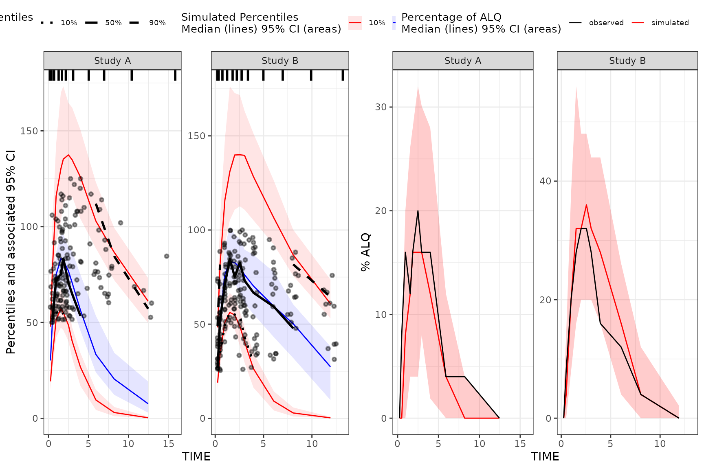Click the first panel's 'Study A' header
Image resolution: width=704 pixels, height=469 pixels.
pos(112,61)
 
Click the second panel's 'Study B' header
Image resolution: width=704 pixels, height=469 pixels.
pos(280,61)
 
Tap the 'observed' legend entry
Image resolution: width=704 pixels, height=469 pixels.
pos(597,23)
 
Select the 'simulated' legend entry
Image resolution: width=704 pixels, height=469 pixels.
pos(660,23)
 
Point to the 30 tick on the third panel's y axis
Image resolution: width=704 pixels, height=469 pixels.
pos(381,107)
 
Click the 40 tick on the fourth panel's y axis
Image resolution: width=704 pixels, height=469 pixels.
pos(545,181)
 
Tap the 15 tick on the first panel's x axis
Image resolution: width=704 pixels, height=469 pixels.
pos(168,444)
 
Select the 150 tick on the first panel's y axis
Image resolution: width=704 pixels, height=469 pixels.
pos(29,131)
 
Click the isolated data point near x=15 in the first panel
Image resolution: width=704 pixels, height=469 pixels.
pos(167,256)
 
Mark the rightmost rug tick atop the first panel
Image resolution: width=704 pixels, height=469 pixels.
pos(175,75)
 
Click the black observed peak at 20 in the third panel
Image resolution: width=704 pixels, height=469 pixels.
pos(418,211)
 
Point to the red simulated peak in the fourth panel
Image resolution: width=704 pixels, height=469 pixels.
pos(586,205)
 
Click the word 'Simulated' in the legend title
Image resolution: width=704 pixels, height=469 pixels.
pos(206,17)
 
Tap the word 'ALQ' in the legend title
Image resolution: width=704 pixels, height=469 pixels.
pos(491,17)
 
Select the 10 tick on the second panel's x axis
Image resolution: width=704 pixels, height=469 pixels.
pos(312,444)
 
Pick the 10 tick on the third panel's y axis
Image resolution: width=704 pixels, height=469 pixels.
pos(381,315)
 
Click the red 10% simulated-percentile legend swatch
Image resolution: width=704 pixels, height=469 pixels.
pos(355,23)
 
